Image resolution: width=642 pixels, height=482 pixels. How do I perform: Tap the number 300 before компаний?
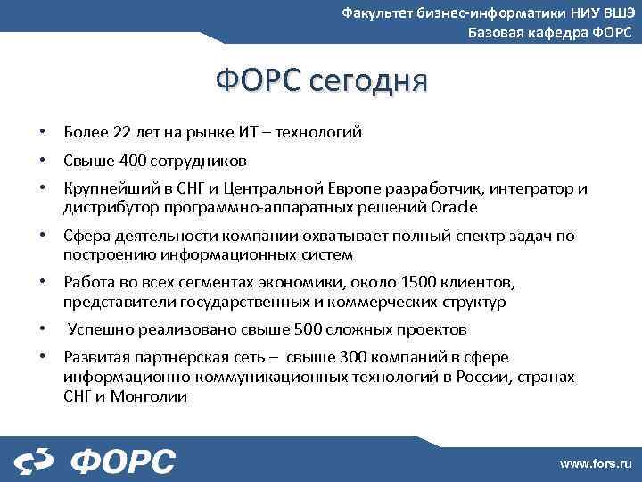click(352, 357)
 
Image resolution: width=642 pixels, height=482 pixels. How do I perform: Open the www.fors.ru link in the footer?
click(595, 463)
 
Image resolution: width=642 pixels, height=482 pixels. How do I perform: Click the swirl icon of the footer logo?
click(36, 461)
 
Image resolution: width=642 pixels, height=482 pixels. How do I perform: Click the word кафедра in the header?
click(550, 33)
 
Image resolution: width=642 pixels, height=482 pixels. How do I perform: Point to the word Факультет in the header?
click(378, 12)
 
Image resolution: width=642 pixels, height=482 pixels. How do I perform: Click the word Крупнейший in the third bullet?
click(104, 189)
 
